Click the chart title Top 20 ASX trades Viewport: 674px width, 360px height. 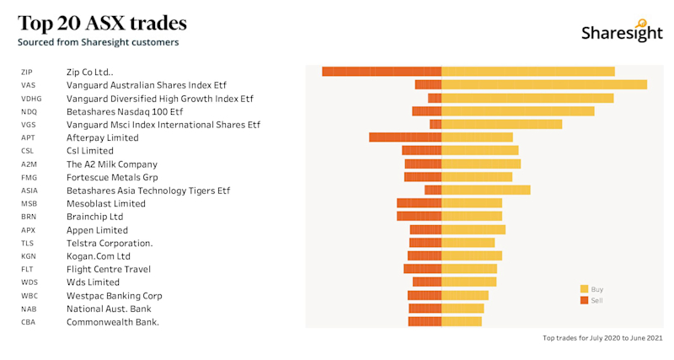[x=102, y=23]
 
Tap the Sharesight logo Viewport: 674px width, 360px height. [x=622, y=32]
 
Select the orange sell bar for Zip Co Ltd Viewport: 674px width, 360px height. [x=382, y=72]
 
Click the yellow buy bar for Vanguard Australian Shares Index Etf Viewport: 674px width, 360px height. [x=544, y=84]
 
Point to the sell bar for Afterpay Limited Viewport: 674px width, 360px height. [x=405, y=137]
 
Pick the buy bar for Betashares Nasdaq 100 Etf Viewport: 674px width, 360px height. [x=518, y=111]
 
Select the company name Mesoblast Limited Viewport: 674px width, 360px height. [x=105, y=203]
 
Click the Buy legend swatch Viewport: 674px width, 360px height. [x=583, y=289]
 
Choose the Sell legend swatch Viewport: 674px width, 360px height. [x=583, y=300]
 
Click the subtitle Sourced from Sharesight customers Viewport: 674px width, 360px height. [x=98, y=42]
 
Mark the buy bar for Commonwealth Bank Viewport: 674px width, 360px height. [x=462, y=321]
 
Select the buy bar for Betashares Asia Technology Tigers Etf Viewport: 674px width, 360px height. [x=486, y=190]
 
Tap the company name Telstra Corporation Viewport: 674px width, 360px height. [x=110, y=243]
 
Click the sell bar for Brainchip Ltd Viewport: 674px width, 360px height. [x=419, y=216]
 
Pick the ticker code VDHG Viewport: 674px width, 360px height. [x=31, y=99]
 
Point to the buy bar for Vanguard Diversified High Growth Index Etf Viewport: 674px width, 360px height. [x=527, y=98]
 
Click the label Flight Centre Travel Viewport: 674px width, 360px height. [x=109, y=269]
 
